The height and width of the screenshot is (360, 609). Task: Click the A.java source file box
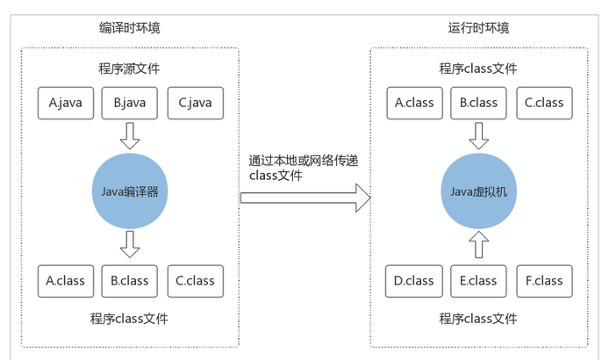66,103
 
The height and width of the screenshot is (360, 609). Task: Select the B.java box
130,103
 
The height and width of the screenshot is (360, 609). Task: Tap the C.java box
196,103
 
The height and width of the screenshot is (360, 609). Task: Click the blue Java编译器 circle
130,191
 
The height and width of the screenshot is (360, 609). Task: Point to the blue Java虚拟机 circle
479,191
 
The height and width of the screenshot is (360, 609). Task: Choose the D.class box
414,281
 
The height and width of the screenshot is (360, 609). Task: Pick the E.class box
478,281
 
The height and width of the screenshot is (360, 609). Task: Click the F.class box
545,281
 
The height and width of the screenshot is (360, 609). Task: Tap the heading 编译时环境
130,28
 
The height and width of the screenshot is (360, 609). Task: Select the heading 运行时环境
478,28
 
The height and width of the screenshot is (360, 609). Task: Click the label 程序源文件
129,68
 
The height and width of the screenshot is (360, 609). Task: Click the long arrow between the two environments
305,198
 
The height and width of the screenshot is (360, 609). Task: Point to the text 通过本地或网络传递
304,161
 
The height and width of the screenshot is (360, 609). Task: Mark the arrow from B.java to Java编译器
130,136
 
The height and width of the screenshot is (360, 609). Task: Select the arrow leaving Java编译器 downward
130,244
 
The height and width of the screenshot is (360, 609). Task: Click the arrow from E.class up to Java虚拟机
479,244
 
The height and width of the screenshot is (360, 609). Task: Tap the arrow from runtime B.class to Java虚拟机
479,136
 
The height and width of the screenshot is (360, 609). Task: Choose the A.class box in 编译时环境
66,281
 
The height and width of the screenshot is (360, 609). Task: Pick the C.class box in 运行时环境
545,103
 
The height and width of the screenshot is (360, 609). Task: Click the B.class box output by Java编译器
130,281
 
